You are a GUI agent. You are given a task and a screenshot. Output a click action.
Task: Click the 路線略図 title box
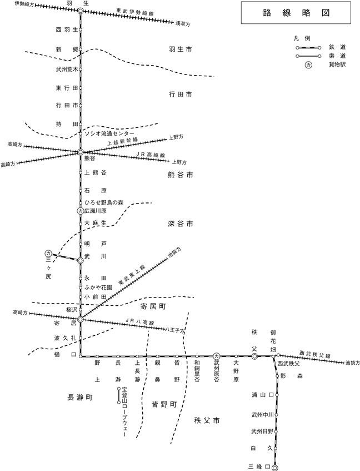tap(296, 13)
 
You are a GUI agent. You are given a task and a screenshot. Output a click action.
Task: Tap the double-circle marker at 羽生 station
tap(81, 11)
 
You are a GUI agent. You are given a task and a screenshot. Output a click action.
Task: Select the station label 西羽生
tap(67, 29)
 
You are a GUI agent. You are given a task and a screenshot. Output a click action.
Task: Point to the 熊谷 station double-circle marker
tap(80, 152)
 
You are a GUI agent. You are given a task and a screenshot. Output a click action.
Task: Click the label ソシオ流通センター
tap(109, 133)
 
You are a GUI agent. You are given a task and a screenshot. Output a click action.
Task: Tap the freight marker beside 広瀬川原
tap(80, 211)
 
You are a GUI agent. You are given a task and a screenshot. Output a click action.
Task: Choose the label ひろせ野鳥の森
tap(104, 203)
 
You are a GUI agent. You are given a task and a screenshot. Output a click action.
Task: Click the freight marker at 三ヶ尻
tap(48, 253)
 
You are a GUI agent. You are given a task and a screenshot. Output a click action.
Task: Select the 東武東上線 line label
tap(132, 275)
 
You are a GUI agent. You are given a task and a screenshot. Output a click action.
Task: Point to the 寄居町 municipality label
tap(153, 306)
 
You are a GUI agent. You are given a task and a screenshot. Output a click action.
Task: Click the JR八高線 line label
tap(140, 321)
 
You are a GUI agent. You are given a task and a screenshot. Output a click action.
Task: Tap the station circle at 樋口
tap(81, 356)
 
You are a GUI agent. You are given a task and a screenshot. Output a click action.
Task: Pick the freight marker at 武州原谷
tap(216, 356)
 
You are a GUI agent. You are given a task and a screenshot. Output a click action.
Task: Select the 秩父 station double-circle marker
tap(254, 356)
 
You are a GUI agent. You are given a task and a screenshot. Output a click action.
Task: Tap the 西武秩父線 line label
tap(315, 354)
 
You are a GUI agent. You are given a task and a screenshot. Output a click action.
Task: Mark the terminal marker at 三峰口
tap(274, 467)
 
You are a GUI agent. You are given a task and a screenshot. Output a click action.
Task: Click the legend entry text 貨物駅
tap(338, 65)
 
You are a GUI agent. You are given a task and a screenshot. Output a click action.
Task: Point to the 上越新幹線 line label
tap(123, 141)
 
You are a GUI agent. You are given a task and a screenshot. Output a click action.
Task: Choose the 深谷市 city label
tap(181, 224)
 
